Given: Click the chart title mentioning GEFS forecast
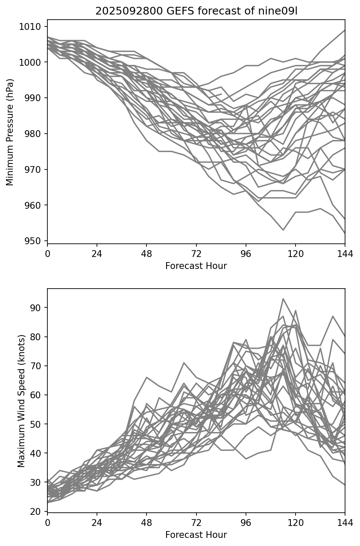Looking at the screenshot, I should (x=196, y=11).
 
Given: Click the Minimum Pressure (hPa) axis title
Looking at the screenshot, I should (x=10, y=132).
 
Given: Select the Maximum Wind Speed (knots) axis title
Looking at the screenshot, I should (x=21, y=400).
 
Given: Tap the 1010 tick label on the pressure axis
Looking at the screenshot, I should (x=32, y=27).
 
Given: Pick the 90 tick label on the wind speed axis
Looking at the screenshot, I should (x=38, y=308).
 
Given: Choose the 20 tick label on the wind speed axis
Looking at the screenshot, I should (x=38, y=511).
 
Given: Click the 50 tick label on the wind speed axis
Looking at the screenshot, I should (x=38, y=424).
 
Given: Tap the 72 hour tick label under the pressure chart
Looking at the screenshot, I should (x=196, y=254).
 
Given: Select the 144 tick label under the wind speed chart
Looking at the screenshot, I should (x=345, y=523).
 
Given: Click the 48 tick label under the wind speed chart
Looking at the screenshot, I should (x=146, y=523).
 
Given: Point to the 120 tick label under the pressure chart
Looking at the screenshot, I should (x=295, y=254).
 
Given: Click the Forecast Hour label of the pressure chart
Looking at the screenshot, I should (x=196, y=266).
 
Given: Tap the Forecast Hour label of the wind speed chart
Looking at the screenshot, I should (x=196, y=535).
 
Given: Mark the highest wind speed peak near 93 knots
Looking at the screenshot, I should (x=283, y=299).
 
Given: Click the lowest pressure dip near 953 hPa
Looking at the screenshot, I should (x=283, y=230).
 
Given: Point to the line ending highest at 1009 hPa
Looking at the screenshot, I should (x=344, y=30).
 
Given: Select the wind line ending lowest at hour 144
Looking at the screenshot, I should (x=344, y=485).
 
